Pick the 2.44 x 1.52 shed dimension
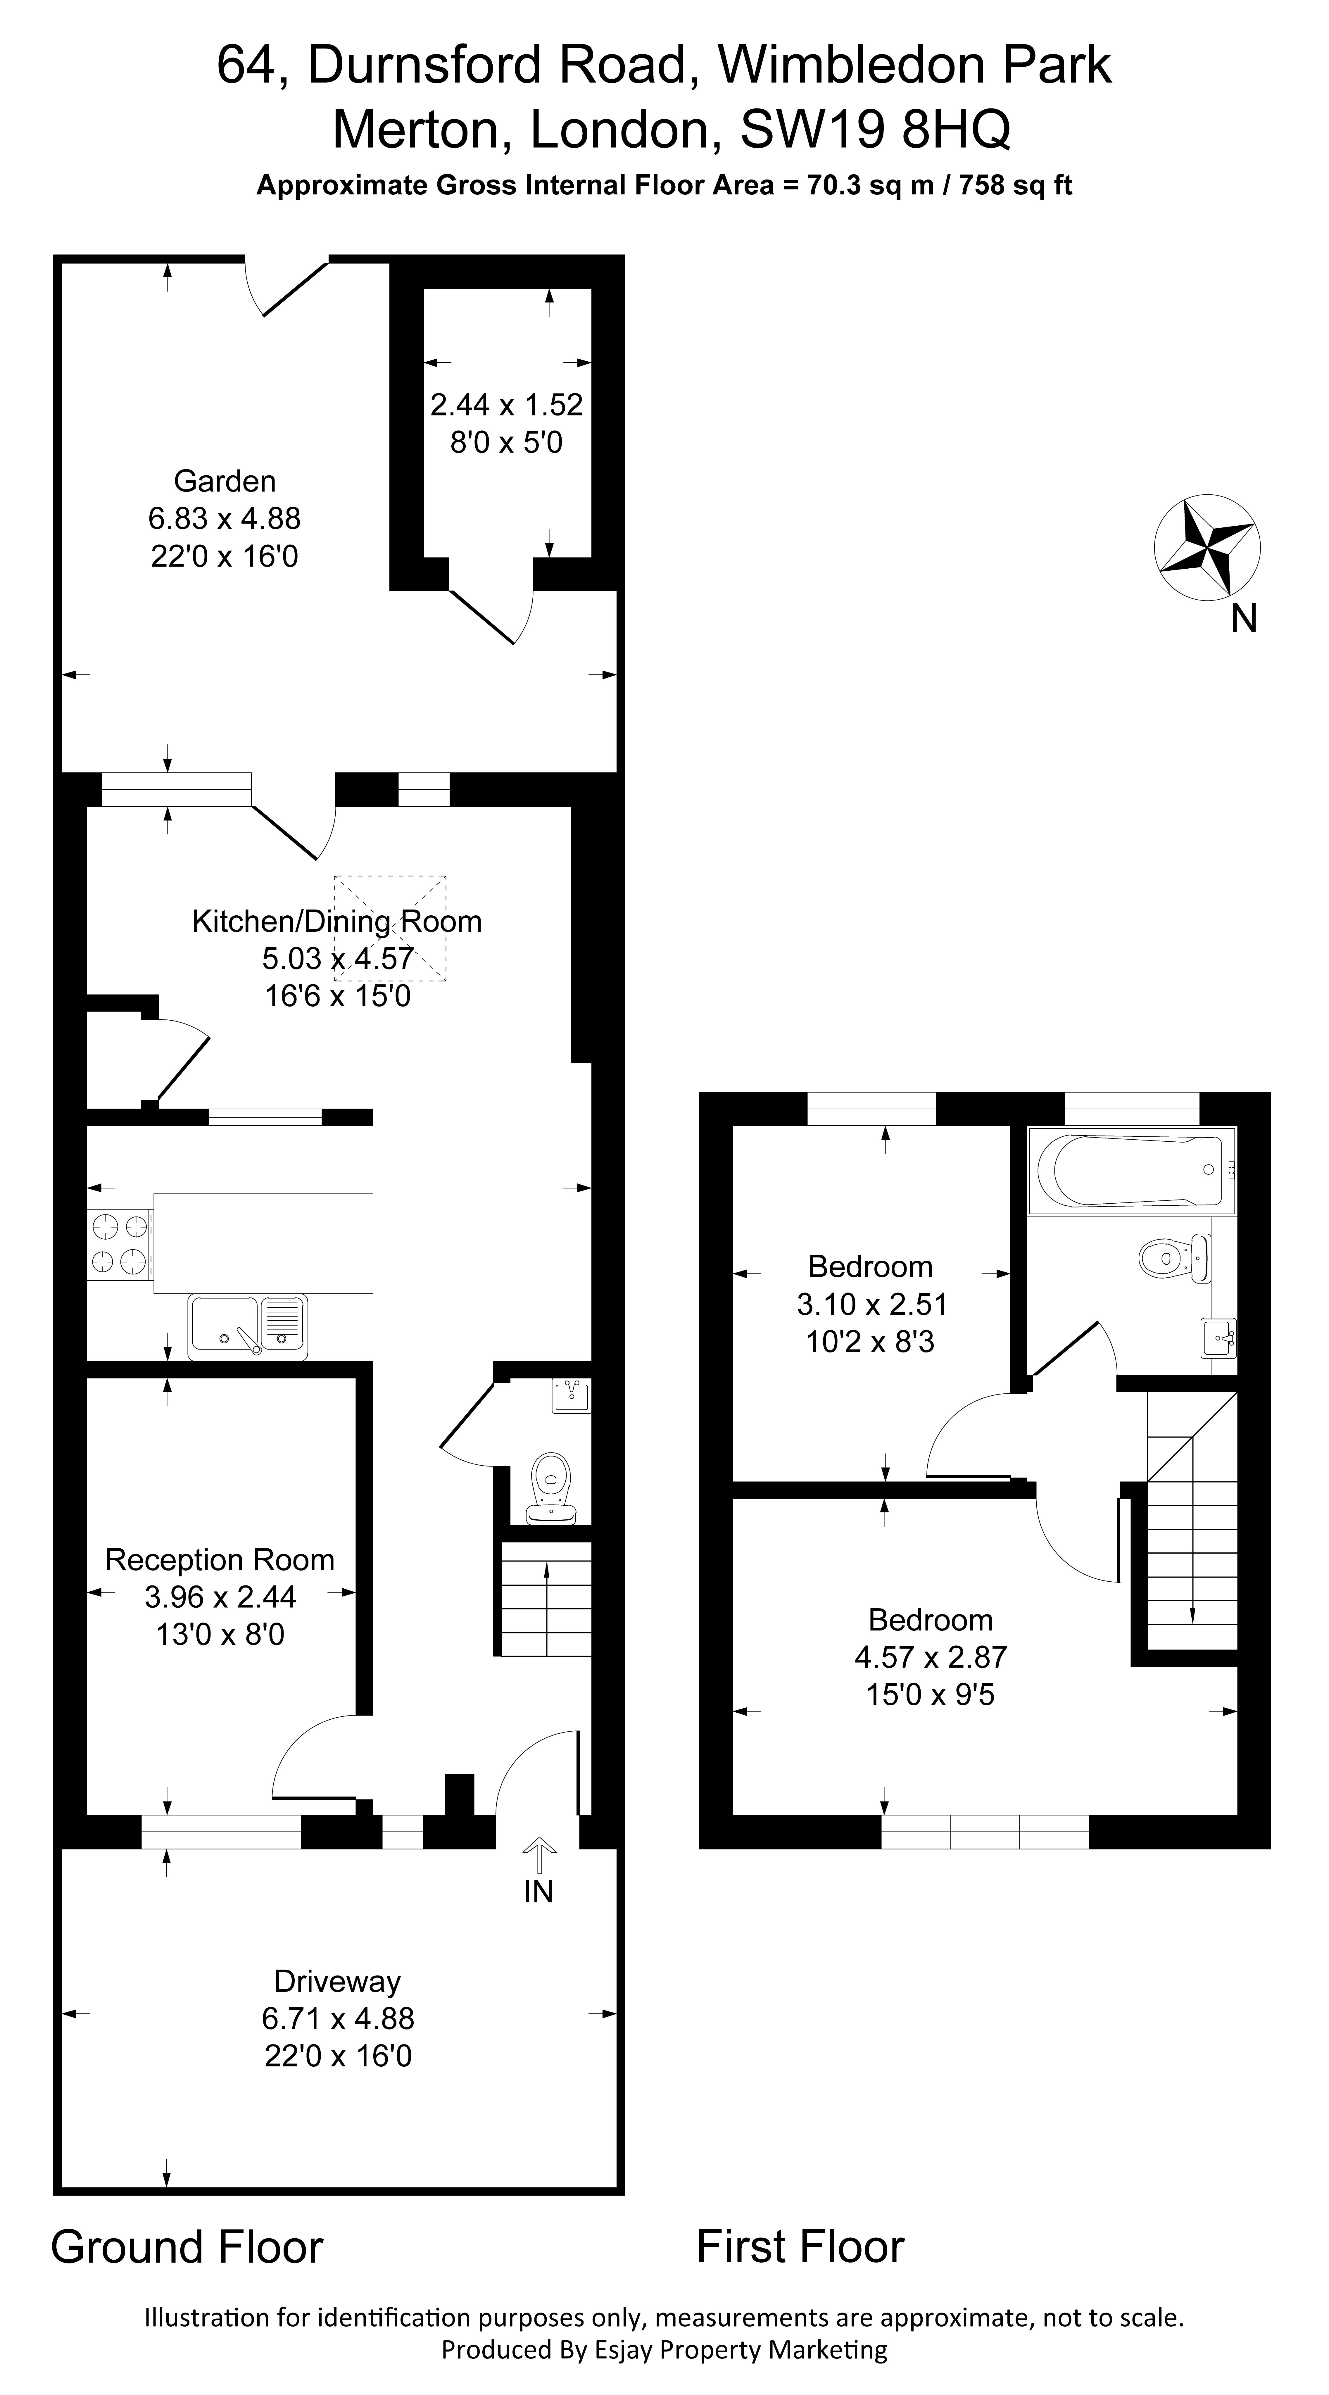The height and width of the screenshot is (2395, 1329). click(x=507, y=406)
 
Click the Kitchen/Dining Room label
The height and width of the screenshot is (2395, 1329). click(x=336, y=922)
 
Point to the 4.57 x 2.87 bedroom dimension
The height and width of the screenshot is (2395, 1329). click(x=930, y=1657)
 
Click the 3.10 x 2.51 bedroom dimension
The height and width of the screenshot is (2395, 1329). click(x=872, y=1305)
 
